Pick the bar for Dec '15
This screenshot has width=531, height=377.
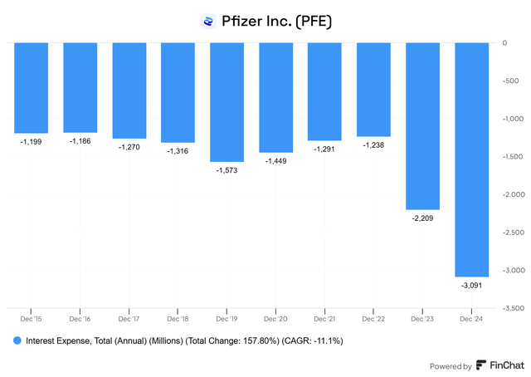(x=31, y=88)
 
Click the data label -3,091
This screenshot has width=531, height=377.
(x=472, y=286)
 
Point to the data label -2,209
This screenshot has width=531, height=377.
(x=423, y=218)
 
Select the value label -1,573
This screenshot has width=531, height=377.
(x=227, y=170)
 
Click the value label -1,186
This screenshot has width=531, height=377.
(x=80, y=141)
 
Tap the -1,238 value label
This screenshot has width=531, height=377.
(x=374, y=144)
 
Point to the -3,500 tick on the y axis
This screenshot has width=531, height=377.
(x=512, y=308)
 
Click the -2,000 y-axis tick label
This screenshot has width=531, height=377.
(x=512, y=194)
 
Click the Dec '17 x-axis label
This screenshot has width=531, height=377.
(x=129, y=318)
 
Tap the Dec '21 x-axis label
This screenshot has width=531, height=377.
(x=324, y=318)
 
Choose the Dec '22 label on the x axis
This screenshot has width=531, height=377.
(x=374, y=318)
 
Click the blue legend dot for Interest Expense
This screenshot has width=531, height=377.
(x=17, y=341)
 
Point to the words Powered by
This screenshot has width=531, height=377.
(x=451, y=366)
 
